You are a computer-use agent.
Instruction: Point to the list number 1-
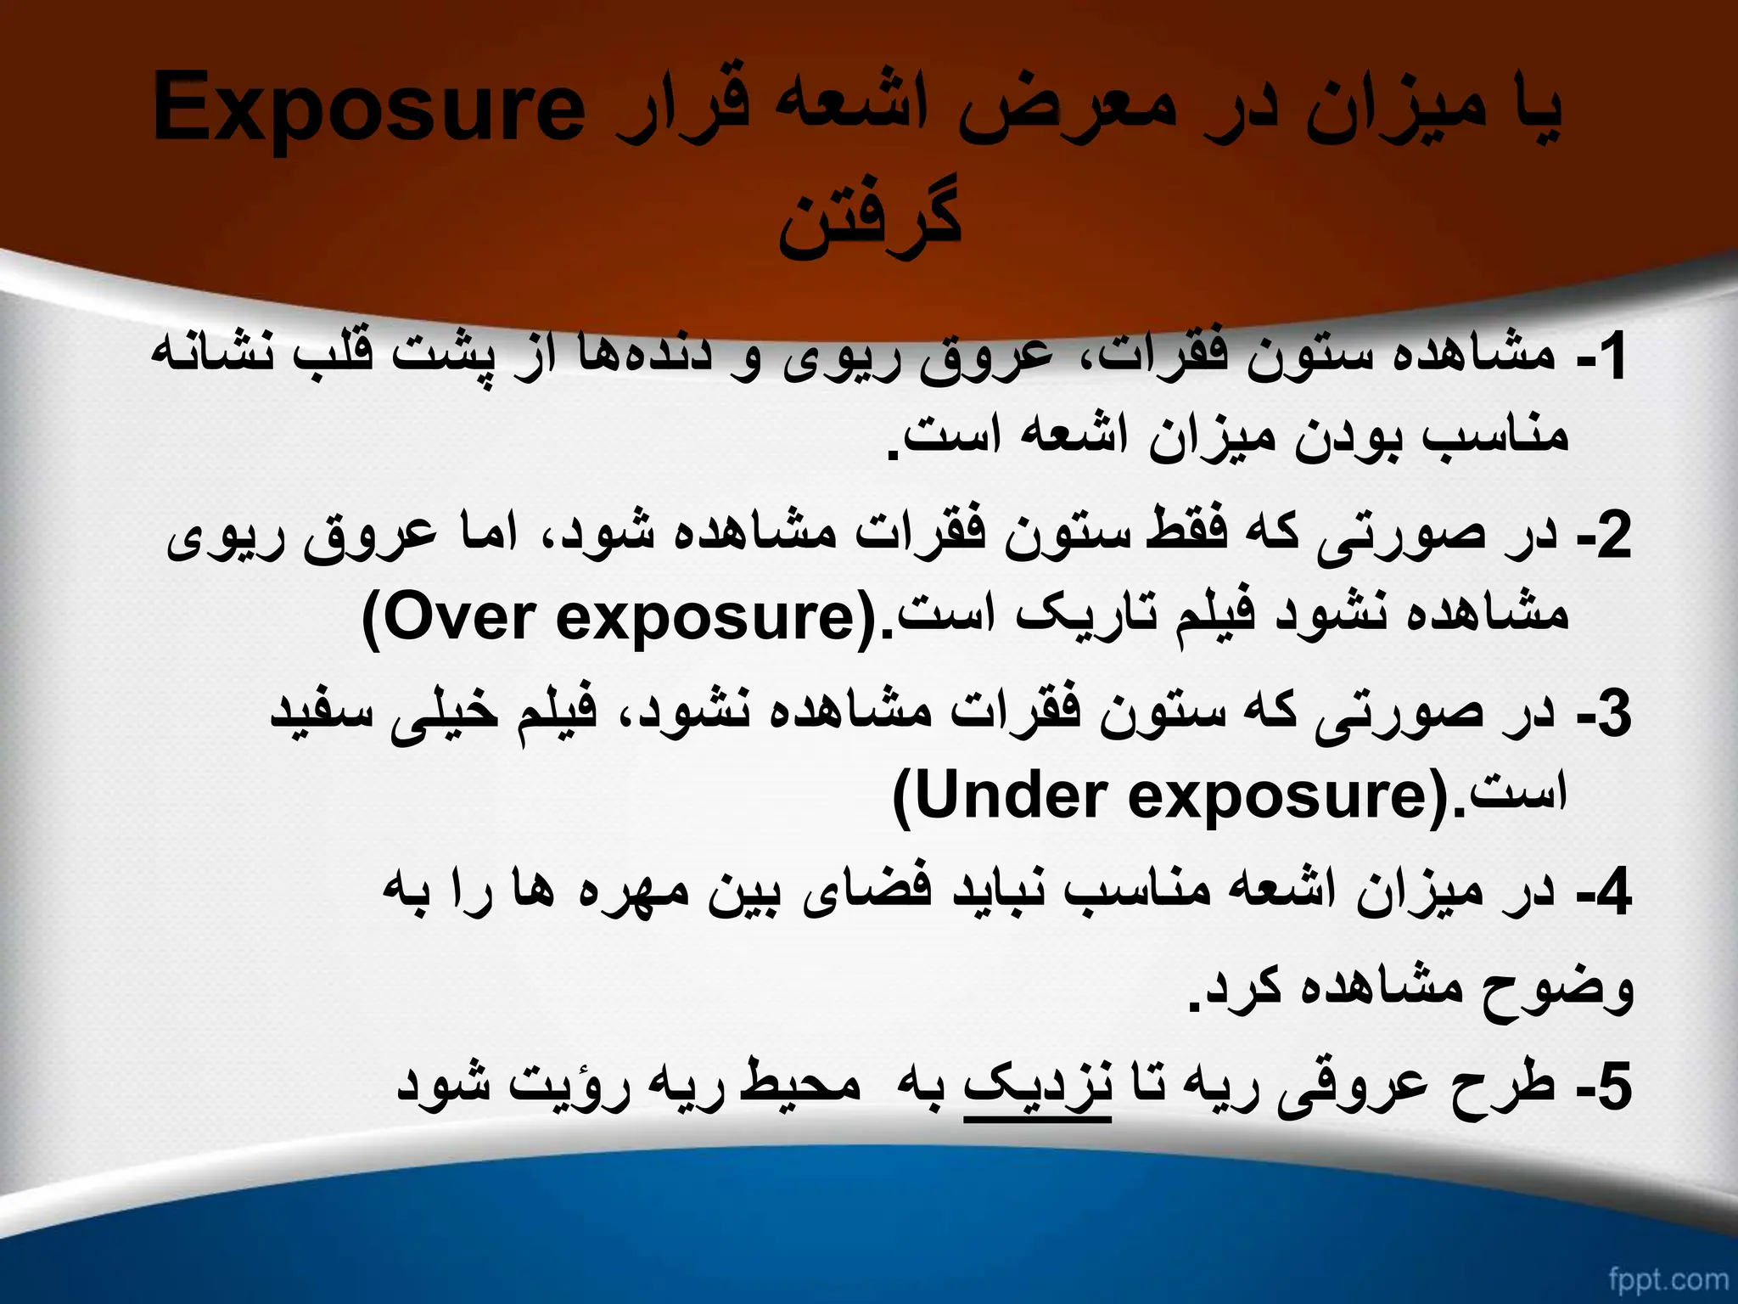[x=1601, y=357]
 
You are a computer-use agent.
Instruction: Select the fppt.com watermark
[x=1667, y=1278]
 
